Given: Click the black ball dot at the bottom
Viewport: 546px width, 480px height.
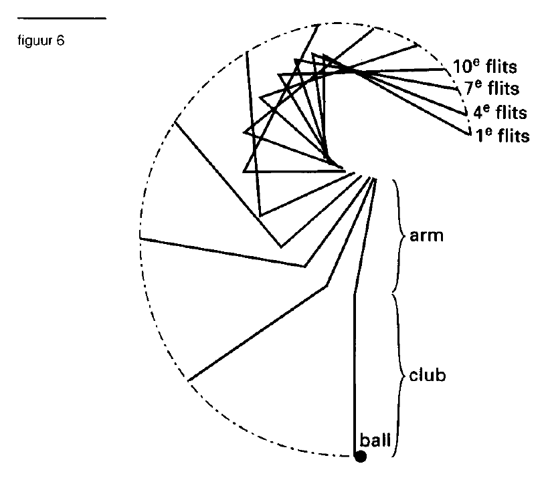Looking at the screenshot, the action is coord(361,457).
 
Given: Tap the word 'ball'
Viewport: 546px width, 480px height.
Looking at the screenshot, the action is coord(375,440).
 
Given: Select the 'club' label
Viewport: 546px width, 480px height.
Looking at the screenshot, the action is coord(428,375).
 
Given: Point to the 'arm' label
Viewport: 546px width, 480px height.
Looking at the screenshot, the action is coord(427,236).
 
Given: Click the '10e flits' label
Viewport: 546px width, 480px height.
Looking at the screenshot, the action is coord(484,66).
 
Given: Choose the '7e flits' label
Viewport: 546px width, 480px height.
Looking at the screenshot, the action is coord(492,88).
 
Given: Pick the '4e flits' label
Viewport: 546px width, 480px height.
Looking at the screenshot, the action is coord(500,112).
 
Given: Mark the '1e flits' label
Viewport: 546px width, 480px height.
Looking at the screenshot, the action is coord(502,135).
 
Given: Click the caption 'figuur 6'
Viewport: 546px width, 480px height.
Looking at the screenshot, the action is coord(41,41).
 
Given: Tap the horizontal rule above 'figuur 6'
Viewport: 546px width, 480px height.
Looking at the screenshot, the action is coord(62,18).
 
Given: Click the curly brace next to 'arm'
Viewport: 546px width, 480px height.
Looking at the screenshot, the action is coord(399,236).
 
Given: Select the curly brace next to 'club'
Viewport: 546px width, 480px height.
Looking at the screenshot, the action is coord(399,375).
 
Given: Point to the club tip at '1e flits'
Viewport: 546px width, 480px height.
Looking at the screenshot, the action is coord(470,134).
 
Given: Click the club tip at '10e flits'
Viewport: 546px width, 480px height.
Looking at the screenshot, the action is coord(446,70).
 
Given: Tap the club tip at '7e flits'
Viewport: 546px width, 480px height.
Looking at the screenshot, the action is coord(458,90).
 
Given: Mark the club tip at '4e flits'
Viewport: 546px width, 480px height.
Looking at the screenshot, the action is coord(466,114).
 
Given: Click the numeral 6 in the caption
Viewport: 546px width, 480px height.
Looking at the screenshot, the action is coord(61,41).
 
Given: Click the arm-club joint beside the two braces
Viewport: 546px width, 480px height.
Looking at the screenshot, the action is coord(355,295).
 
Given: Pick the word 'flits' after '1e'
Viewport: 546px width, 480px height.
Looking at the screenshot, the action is coord(514,135).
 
